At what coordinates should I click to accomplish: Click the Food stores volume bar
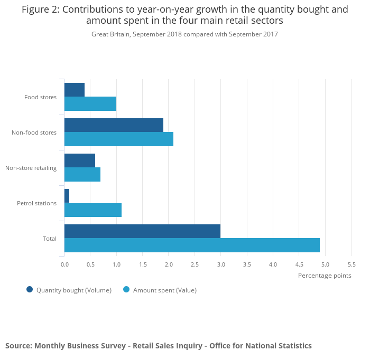(x=75, y=90)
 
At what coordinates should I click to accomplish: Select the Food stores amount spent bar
(x=90, y=104)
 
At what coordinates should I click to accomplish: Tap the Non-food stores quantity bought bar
(x=114, y=125)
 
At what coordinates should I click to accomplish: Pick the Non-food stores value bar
(x=119, y=139)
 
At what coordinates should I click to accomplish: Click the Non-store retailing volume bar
(x=80, y=160)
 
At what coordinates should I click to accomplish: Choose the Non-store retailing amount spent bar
(x=82, y=175)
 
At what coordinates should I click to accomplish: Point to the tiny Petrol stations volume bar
(x=67, y=196)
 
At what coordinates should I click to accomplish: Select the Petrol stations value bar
(x=93, y=210)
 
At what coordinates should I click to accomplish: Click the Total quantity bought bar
(x=142, y=231)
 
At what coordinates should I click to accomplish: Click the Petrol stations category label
(x=36, y=203)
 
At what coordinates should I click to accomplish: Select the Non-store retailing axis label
(x=31, y=168)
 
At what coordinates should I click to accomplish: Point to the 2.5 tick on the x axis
(x=195, y=264)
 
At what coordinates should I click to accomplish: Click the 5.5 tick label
(x=351, y=264)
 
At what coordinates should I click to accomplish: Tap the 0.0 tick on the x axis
(x=64, y=264)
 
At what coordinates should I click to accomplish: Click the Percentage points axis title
(x=324, y=275)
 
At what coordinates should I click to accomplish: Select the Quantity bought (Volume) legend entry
(x=73, y=290)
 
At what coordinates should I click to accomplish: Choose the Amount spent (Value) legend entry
(x=164, y=290)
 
